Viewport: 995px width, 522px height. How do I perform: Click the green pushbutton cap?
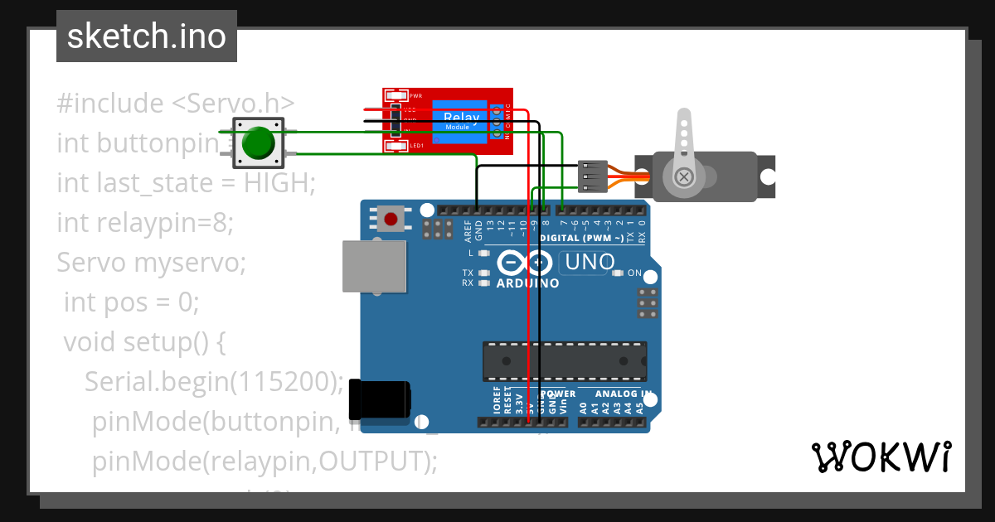[x=258, y=143]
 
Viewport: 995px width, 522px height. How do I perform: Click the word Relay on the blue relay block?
[x=461, y=118]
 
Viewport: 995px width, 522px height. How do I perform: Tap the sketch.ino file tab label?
[x=147, y=36]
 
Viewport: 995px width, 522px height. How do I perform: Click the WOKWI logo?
[x=881, y=457]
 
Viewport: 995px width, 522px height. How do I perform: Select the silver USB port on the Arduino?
[x=374, y=266]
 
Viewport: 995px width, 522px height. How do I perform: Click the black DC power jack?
[x=379, y=399]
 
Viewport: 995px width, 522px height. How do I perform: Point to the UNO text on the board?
[x=589, y=263]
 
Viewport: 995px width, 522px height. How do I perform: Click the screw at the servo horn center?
[x=683, y=176]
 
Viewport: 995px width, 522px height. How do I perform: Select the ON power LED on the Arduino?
[x=618, y=273]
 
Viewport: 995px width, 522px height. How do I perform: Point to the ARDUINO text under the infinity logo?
[x=527, y=283]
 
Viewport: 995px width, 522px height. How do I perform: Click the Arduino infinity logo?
[x=526, y=263]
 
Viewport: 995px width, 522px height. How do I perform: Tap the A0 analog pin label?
[x=583, y=408]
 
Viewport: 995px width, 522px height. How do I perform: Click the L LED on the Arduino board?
[x=483, y=253]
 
